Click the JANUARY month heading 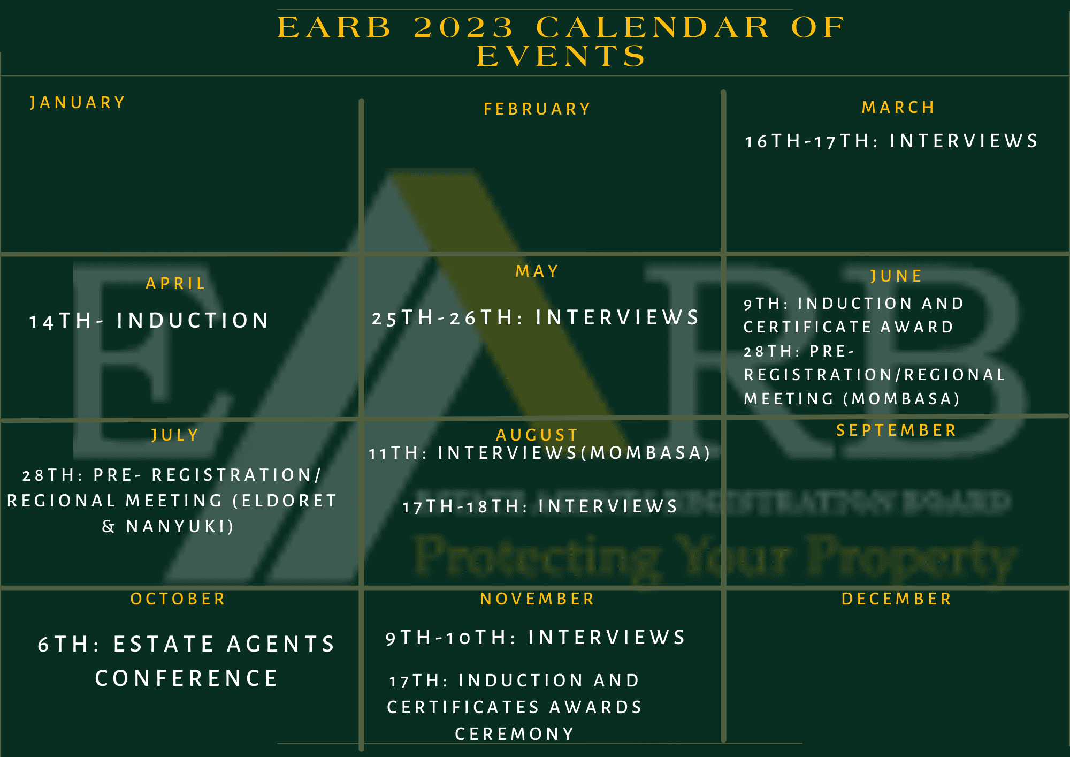tap(78, 102)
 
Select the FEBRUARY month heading tap(537, 109)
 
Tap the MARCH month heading tap(898, 107)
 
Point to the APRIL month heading tap(175, 283)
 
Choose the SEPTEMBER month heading tap(896, 430)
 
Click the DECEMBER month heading tap(897, 599)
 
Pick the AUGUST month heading tap(537, 435)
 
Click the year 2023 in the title tap(463, 27)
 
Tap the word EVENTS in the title tap(561, 56)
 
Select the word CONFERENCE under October tap(187, 678)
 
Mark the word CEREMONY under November tap(515, 733)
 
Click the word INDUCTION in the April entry tap(193, 321)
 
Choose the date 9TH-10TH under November tap(447, 638)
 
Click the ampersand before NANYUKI tap(109, 526)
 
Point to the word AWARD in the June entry tap(917, 327)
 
